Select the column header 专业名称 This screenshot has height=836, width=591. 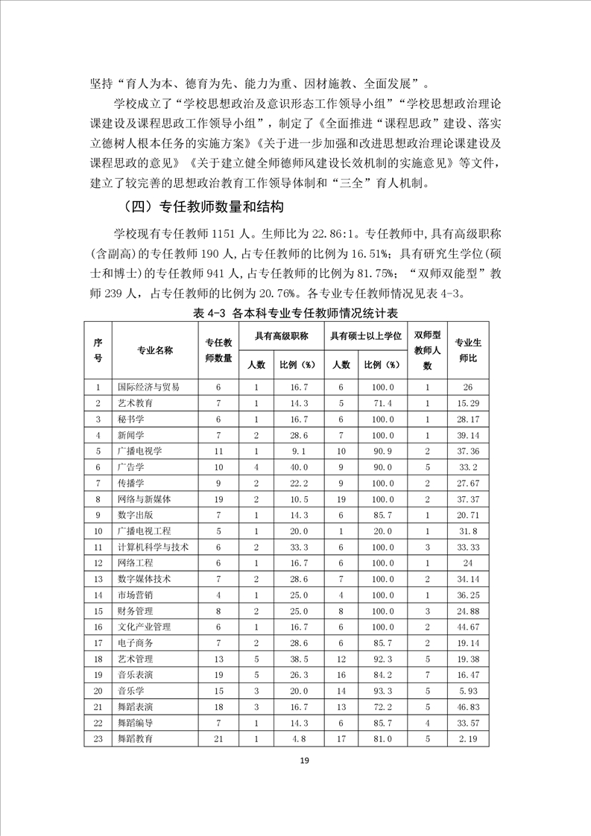click(x=154, y=350)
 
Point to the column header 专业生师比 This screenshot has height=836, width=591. click(x=467, y=350)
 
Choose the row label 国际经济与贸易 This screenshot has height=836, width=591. click(x=148, y=387)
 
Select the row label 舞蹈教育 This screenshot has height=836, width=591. click(x=135, y=738)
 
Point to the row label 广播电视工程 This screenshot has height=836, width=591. click(x=144, y=531)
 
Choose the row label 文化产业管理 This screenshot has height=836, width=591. click(x=144, y=627)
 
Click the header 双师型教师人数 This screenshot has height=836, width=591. click(x=427, y=350)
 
